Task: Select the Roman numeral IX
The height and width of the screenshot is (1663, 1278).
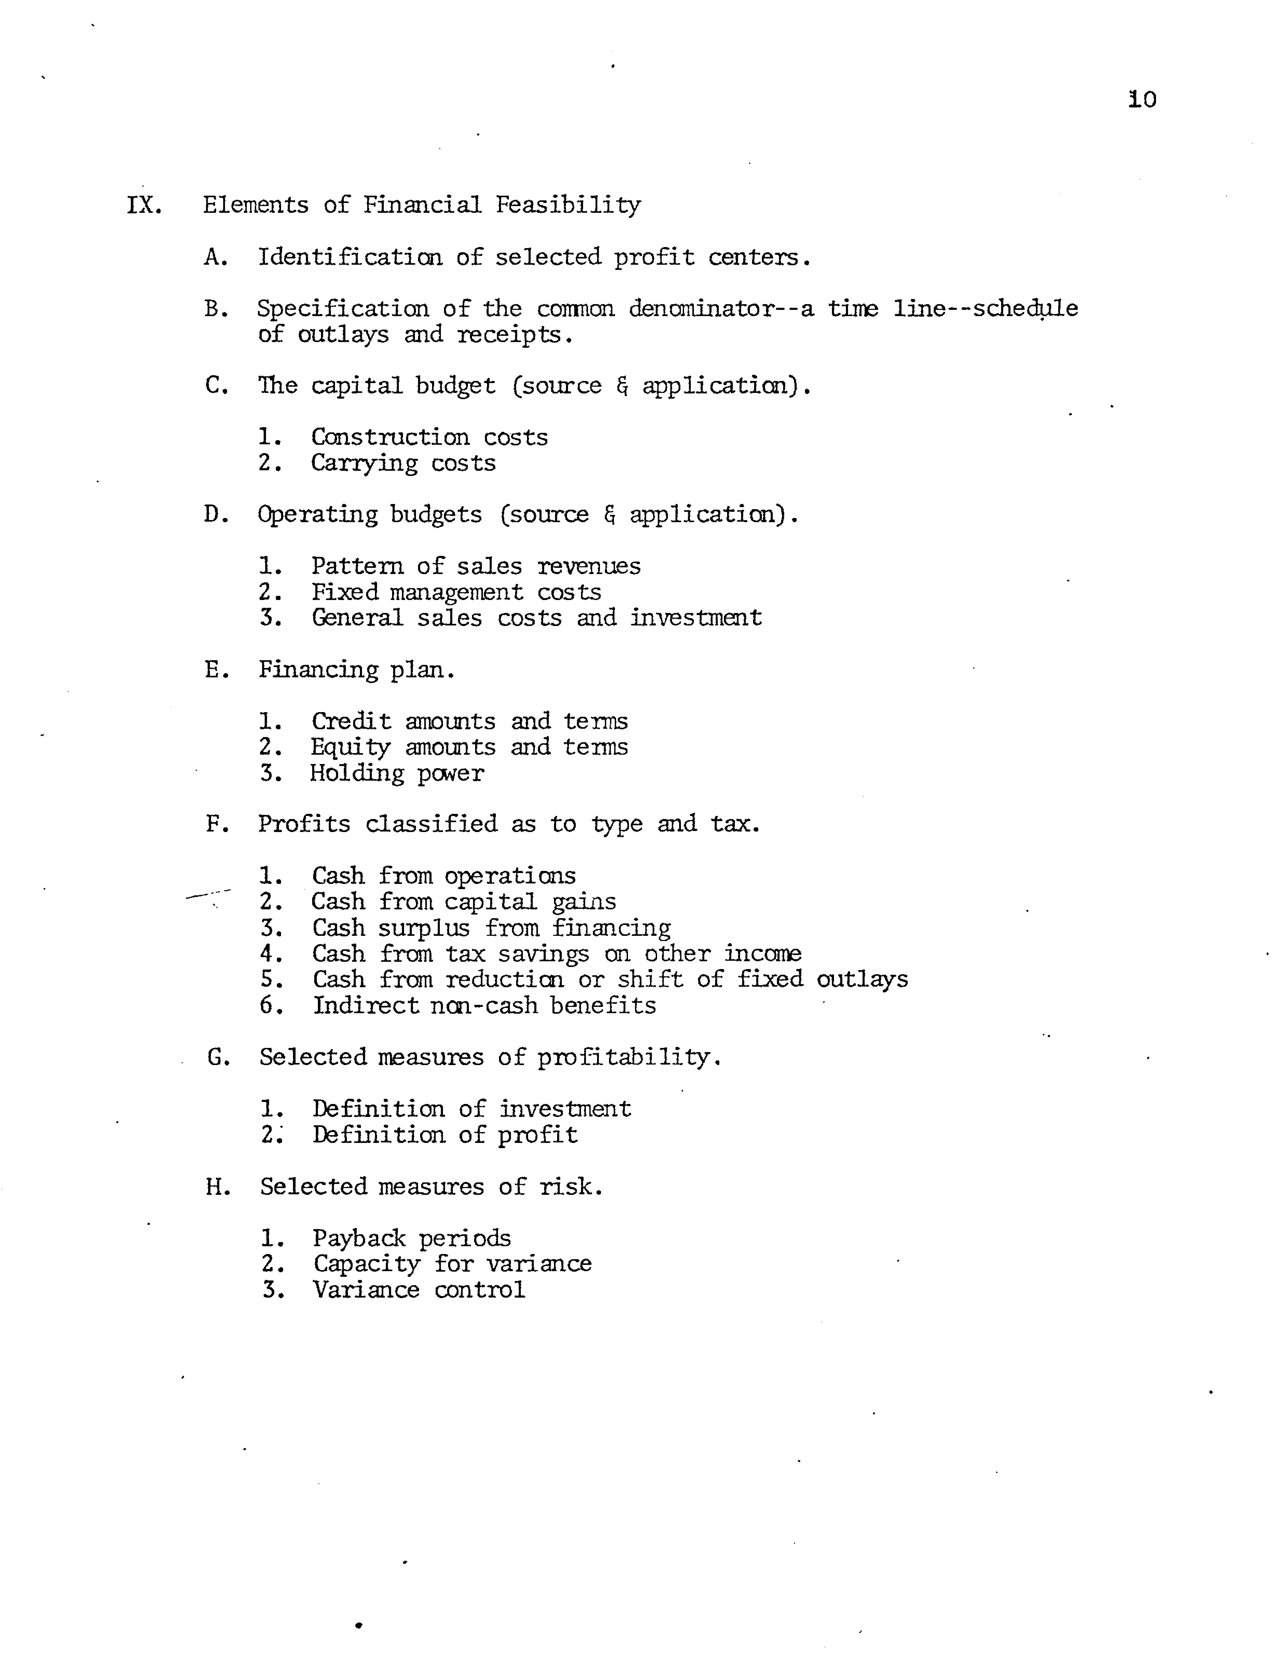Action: coord(144,205)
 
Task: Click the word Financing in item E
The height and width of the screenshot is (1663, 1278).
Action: coord(318,670)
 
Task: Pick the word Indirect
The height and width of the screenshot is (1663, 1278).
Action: coord(365,1006)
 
